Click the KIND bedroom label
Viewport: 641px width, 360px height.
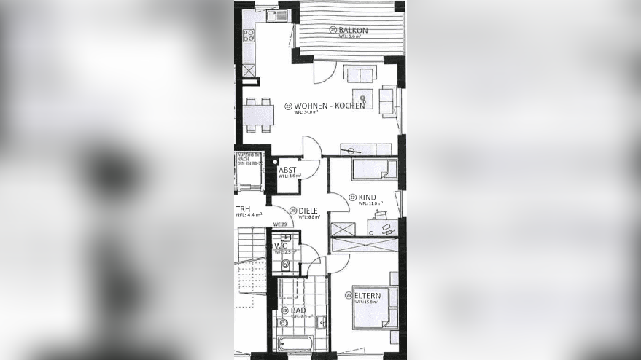tap(367, 197)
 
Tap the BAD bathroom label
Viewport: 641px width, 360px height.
tap(298, 310)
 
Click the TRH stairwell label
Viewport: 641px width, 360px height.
tap(242, 208)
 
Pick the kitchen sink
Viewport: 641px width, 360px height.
tap(276, 15)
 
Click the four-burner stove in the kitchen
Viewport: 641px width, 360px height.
tap(249, 32)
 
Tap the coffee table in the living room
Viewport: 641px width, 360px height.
tap(362, 98)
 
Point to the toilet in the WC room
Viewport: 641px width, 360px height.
tap(285, 265)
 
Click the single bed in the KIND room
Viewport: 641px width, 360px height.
tap(374, 169)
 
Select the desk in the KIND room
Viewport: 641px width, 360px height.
tap(384, 228)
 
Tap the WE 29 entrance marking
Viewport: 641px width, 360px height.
tap(279, 224)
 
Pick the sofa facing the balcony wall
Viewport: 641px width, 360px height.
tap(360, 74)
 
